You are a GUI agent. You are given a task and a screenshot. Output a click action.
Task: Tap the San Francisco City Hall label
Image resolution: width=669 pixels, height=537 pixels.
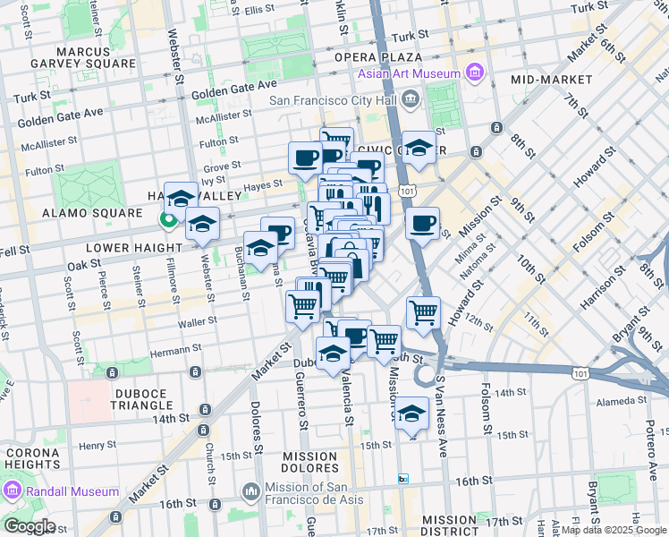[334, 98]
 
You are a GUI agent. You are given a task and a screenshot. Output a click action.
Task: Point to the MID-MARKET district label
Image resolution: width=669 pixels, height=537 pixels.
[552, 80]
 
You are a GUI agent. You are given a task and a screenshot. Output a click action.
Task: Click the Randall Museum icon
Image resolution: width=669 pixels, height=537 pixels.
[13, 490]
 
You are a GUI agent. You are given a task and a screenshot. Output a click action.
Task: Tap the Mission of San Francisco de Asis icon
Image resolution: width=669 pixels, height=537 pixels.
[250, 490]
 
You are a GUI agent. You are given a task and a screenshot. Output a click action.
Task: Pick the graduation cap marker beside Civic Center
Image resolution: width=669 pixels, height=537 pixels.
[418, 149]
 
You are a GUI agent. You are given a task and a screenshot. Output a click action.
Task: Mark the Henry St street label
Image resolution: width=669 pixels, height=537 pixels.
[98, 445]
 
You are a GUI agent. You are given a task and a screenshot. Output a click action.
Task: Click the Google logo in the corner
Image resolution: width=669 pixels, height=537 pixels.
[29, 526]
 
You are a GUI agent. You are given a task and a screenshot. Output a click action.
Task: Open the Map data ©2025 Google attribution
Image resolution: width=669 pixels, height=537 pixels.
[614, 530]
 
